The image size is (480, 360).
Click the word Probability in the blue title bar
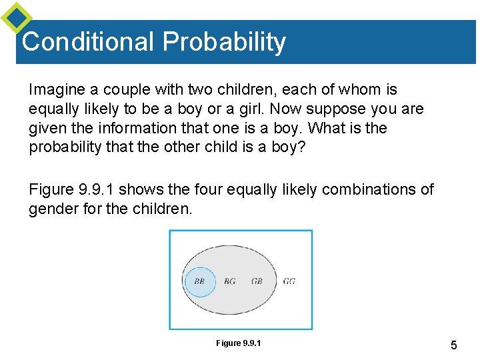224,43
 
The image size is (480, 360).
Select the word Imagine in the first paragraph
57,90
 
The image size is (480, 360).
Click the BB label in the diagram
199,281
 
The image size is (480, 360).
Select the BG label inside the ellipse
230,281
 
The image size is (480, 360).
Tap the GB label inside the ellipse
257,281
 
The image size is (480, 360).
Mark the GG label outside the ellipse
289,281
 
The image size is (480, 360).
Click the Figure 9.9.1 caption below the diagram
238,343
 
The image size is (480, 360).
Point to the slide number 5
453,345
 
